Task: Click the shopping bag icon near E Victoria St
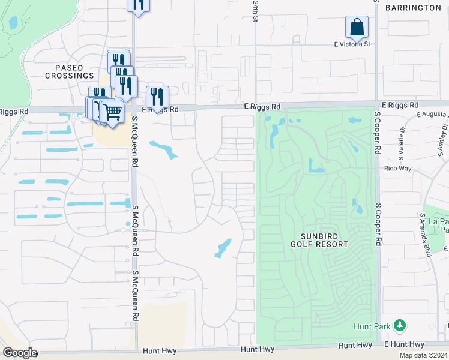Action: click(x=357, y=27)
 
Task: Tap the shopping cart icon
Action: click(x=112, y=112)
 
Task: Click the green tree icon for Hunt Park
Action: click(x=399, y=326)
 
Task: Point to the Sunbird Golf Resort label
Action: click(x=319, y=239)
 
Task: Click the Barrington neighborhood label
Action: click(x=412, y=8)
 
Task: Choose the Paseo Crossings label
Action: click(x=70, y=71)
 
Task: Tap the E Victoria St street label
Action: click(x=352, y=44)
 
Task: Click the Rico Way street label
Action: click(x=397, y=169)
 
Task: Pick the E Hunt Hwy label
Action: click(x=403, y=344)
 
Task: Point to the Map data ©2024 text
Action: click(x=424, y=355)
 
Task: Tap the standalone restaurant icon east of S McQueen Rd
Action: click(x=157, y=97)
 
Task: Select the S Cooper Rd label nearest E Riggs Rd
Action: click(x=378, y=129)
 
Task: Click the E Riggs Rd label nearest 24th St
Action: click(x=262, y=107)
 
